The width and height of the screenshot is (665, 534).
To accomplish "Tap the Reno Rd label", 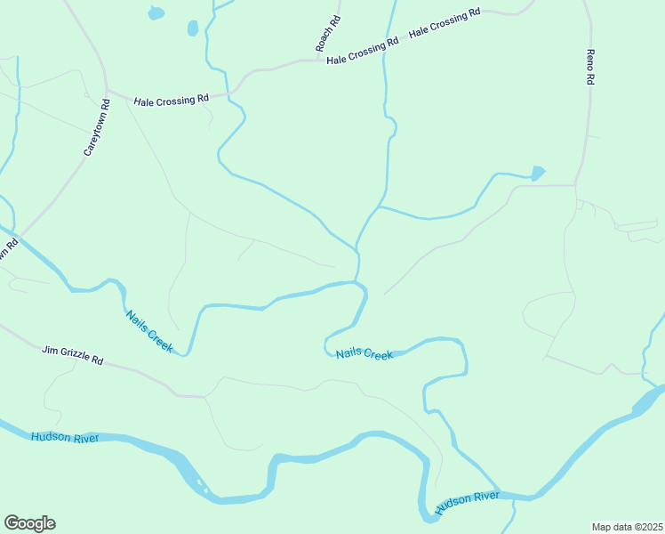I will point(589,67).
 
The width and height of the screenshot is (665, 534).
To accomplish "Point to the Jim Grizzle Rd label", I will point(73,356).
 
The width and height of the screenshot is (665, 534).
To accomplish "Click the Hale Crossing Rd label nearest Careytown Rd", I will point(171,101).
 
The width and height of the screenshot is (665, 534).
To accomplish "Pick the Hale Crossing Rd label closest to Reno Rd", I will point(445,24).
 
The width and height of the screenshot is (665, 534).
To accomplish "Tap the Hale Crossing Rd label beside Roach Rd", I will point(362,53).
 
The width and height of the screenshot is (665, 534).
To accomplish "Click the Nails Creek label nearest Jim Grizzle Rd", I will point(148,331).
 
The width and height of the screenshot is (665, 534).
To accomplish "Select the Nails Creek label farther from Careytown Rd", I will point(365,354).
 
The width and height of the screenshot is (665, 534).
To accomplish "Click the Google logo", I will point(29,523).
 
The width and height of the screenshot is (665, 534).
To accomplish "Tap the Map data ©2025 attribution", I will point(628,526).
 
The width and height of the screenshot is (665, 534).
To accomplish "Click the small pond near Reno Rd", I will point(537,173).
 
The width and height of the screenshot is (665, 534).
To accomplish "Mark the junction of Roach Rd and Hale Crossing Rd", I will point(322,61).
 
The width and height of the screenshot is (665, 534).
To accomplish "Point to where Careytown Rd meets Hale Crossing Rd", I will point(107,91).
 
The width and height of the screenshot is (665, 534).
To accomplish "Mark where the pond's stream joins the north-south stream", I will point(380,207).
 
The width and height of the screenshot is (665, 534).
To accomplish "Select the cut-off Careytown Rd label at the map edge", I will point(9,248).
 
